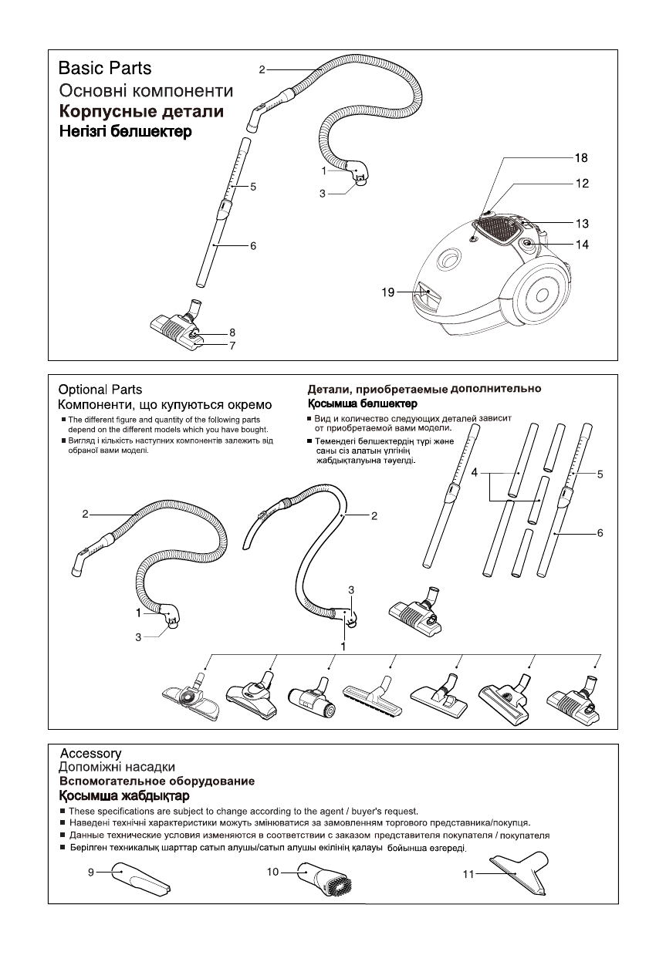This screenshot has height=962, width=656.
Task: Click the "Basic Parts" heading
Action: (105, 69)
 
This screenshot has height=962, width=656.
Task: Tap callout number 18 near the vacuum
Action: (580, 157)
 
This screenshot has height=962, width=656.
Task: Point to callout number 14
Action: (581, 244)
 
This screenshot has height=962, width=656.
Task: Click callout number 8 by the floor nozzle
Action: (232, 332)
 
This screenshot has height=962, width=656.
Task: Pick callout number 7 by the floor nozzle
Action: (232, 346)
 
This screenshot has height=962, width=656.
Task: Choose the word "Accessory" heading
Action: (90, 753)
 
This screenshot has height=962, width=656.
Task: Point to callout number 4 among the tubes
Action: (475, 471)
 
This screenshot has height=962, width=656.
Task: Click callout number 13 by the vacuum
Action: (581, 224)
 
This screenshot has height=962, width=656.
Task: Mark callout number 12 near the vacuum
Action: (581, 184)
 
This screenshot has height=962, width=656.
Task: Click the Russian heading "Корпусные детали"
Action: (142, 112)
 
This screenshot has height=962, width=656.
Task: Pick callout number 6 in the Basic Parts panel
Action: (252, 246)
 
